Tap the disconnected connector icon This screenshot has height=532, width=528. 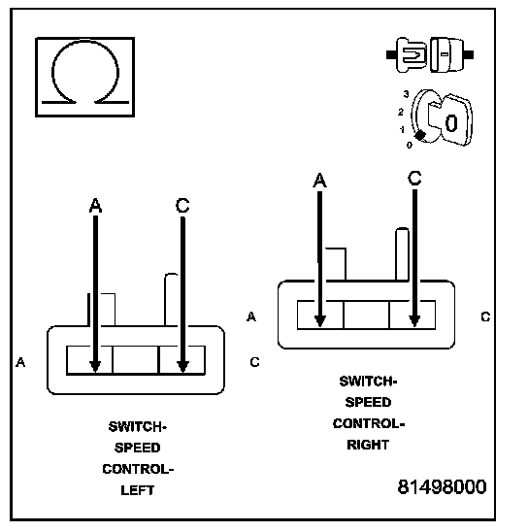430,54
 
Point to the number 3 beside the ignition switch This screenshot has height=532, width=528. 406,94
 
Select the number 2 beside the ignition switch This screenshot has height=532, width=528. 401,112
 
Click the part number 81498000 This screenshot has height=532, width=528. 442,487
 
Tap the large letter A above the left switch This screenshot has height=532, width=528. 95,205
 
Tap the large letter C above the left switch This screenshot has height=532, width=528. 182,205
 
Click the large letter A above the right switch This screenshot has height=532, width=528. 319,180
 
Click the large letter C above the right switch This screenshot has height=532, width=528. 414,178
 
